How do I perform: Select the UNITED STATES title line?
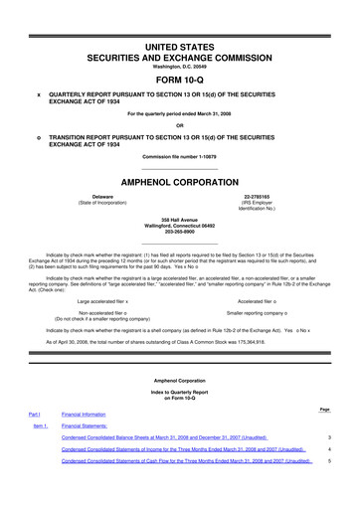pos(180,48)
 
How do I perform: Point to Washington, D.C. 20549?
pos(180,67)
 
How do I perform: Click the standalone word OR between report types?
pos(180,125)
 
